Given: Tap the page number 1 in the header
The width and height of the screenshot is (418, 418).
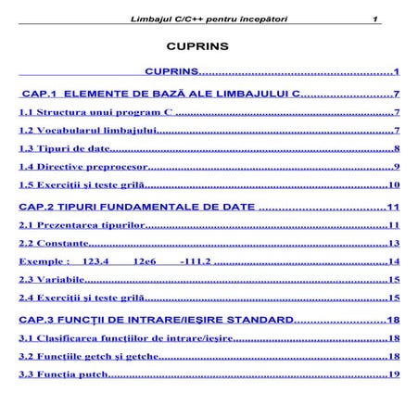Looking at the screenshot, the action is click(x=375, y=19).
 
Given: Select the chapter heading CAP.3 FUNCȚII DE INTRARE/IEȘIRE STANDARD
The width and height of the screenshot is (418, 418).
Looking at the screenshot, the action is click(x=155, y=320).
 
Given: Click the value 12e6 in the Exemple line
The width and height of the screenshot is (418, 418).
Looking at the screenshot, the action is click(x=145, y=261).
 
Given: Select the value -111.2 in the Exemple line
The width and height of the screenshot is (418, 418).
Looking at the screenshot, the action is click(x=195, y=261).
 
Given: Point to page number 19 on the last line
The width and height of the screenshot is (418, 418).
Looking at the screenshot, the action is click(x=393, y=374).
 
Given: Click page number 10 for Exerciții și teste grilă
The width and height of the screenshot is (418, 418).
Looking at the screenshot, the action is click(x=393, y=185).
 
